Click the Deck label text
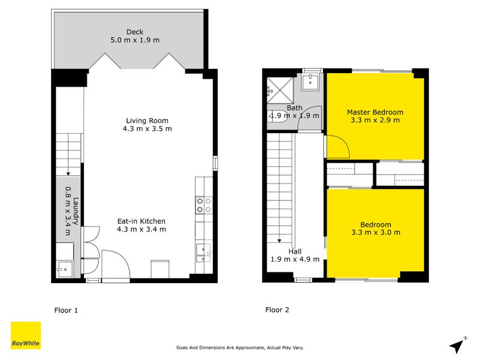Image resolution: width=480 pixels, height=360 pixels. coord(135,32)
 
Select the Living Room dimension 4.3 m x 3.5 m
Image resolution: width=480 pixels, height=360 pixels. coord(147,128)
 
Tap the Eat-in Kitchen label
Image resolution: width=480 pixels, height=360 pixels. coord(141,221)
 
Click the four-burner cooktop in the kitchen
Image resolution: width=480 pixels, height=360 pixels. coord(203,205)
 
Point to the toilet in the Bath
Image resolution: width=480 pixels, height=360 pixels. coord(277,116)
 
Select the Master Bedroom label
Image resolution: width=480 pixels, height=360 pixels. coord(375,112)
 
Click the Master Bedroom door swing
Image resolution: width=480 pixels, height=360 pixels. coord(336,146)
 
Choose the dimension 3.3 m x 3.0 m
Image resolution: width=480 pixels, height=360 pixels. coord(376,232)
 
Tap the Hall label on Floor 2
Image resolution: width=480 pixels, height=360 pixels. coord(295,251)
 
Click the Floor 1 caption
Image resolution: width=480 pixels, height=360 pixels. coord(66,310)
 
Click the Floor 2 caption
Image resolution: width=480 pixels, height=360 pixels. coord(277,310)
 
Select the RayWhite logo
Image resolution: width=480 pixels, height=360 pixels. coord(26,335)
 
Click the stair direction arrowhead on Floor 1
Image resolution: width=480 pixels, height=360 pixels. coord(68,173)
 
